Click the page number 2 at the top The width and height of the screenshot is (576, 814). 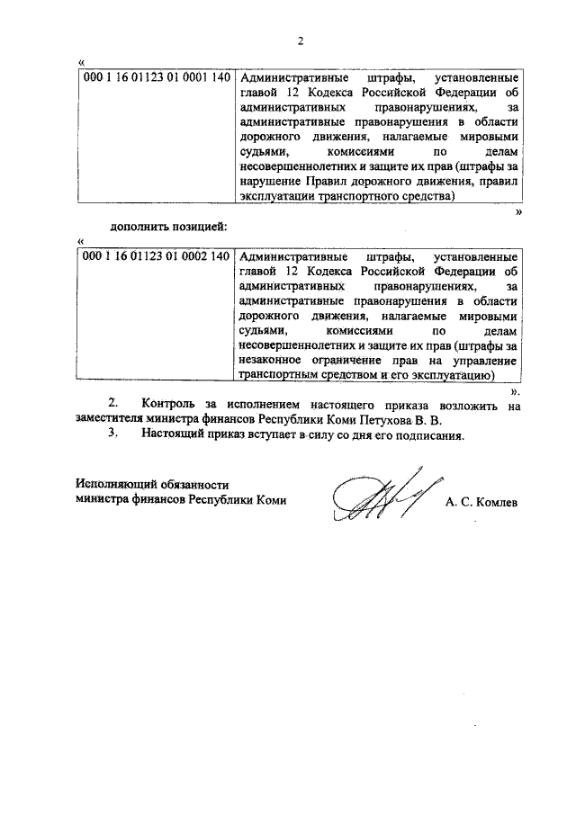[301, 40]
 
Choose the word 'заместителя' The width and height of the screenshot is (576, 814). [111, 420]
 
